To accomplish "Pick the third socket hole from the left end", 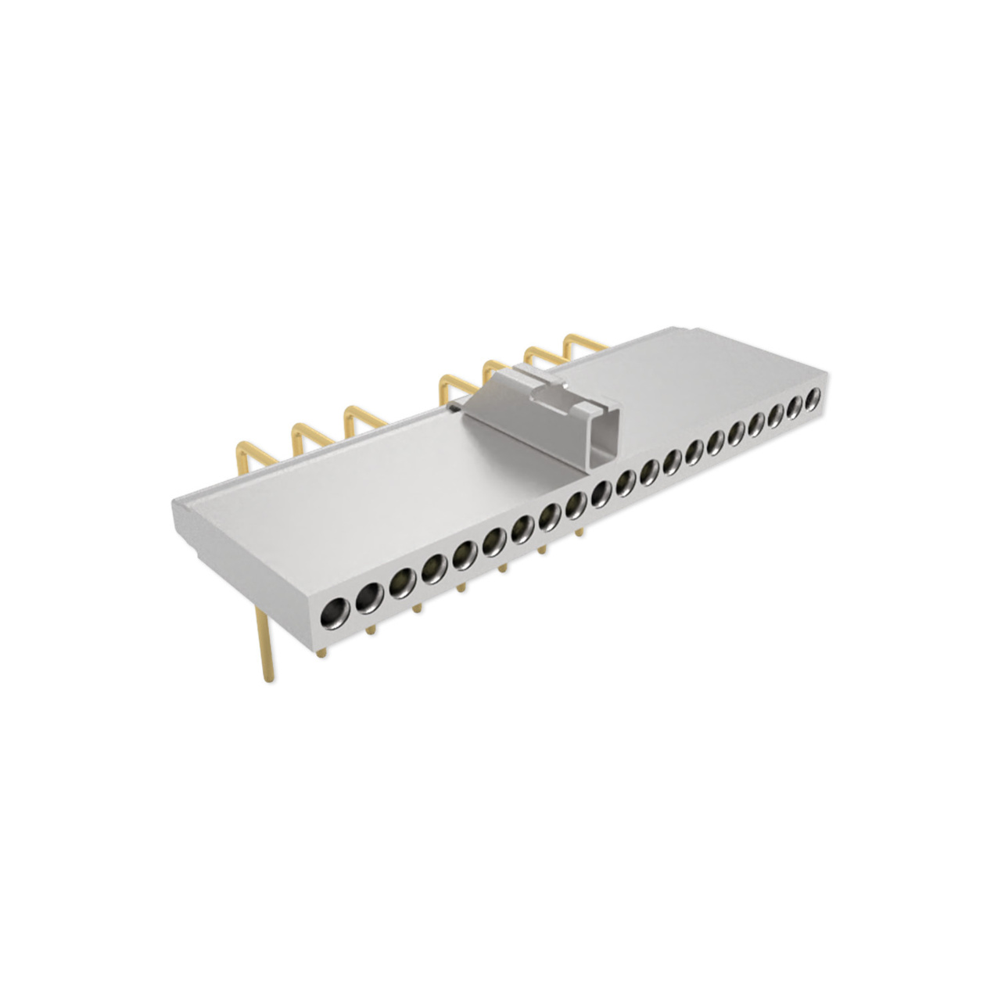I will [402, 581].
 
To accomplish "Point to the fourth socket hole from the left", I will [433, 567].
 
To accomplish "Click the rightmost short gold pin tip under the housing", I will [579, 532].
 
